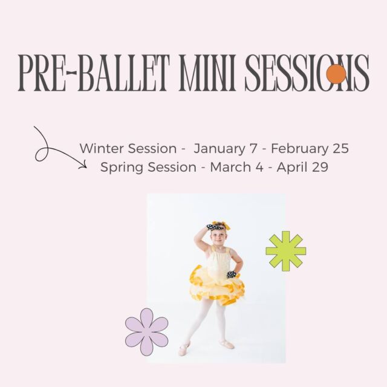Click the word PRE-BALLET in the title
94,73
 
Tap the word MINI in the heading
207,73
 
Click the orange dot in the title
336,74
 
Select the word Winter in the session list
100,149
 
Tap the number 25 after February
340,149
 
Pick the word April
292,168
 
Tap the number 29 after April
320,167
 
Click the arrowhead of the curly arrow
83,165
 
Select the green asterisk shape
286,251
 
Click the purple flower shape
146,332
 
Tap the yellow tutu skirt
217,285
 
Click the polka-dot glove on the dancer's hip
231,275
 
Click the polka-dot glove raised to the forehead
214,227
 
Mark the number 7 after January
253,149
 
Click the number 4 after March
259,167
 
